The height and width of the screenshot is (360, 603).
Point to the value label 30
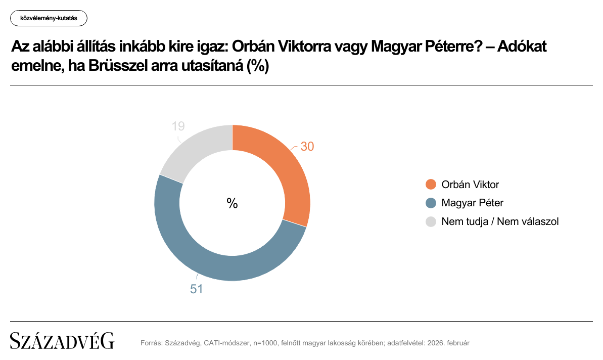[x=307, y=147]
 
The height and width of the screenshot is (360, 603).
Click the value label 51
[x=196, y=290]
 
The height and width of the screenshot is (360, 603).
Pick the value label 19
[x=178, y=126]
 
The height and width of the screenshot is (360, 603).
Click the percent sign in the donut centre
[x=232, y=203]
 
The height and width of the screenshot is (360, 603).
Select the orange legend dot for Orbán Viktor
[x=431, y=185]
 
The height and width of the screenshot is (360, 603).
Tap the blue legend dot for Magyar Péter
[x=431, y=203]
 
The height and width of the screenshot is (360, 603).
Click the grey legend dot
[x=431, y=221]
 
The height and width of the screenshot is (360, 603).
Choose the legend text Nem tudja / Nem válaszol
[x=500, y=221]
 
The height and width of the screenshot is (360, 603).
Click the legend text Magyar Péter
[x=472, y=203]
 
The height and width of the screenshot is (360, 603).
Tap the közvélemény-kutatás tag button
[x=49, y=18]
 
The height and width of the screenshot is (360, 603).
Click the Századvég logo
[x=62, y=341]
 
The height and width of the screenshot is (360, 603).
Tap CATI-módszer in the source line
[x=226, y=343]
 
